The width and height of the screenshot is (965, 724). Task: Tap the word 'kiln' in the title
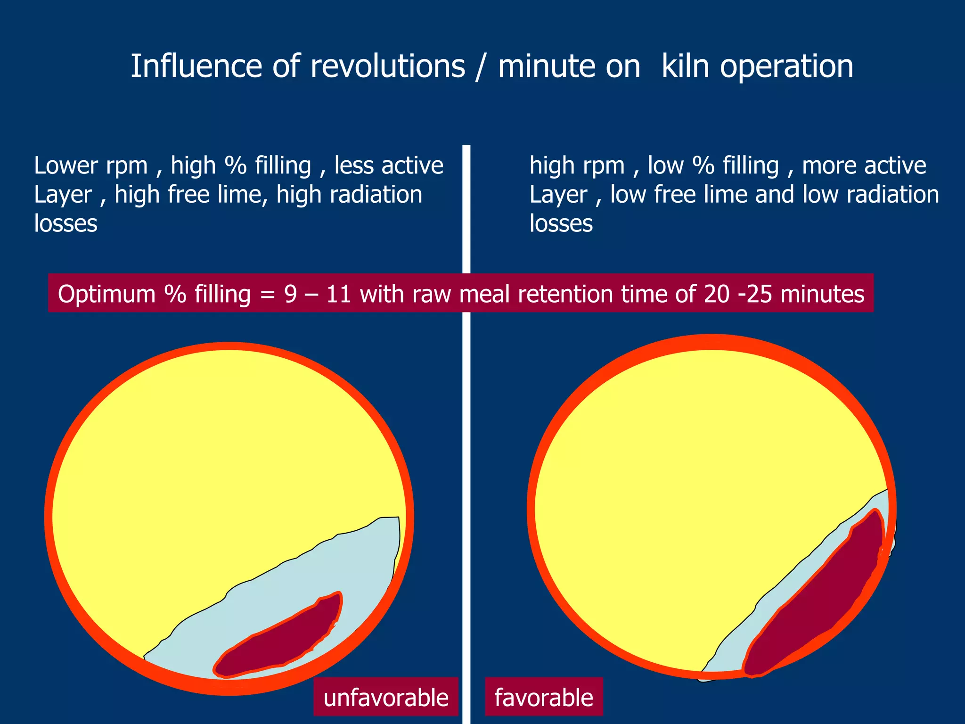point(686,66)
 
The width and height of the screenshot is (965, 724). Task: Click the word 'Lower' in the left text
point(65,165)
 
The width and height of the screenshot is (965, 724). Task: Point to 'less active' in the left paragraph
point(389,165)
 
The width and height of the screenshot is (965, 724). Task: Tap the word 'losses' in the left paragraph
point(65,223)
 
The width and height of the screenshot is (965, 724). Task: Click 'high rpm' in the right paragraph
point(577,165)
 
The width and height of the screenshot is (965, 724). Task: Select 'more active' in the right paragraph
point(864,165)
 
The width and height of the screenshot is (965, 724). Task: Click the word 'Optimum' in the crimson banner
point(107,294)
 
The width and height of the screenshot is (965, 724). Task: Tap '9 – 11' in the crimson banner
point(318,294)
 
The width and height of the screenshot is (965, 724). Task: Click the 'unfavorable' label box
point(385,698)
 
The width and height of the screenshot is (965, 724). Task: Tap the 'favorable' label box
point(544,698)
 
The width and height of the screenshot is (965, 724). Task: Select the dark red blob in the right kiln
point(815,599)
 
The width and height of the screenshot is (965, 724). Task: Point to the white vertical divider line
point(466,212)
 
